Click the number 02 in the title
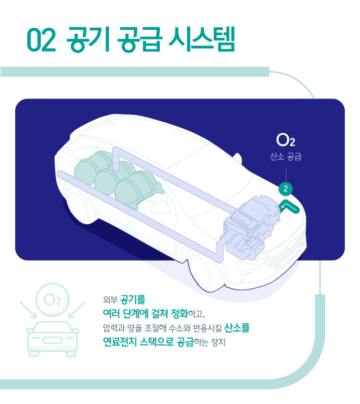point(41,40)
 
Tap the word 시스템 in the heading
point(202,39)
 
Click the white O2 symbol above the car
point(286,140)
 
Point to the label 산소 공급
point(286,157)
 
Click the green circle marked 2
point(286,188)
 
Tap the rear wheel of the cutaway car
point(77,206)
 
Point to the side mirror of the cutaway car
point(238,158)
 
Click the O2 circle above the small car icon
point(53,299)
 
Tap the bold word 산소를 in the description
point(237,328)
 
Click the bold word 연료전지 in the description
point(120,342)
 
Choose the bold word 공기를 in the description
point(133,299)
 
